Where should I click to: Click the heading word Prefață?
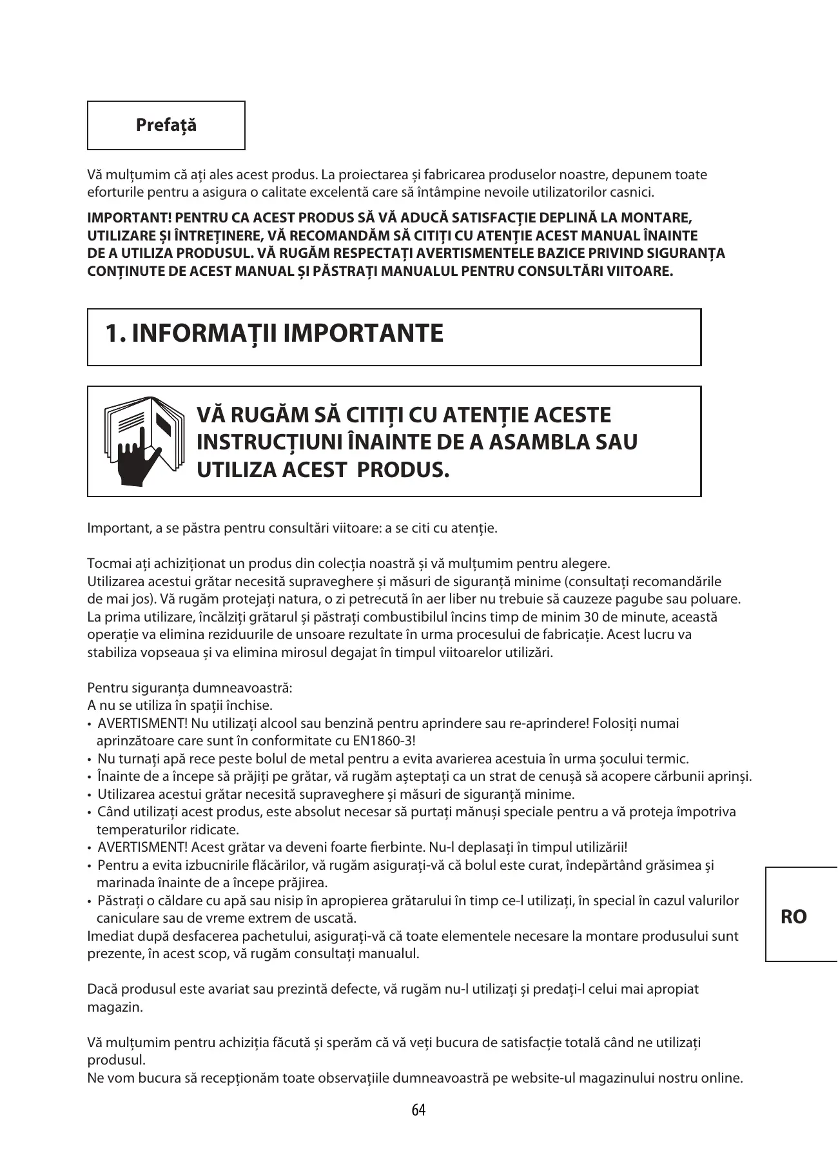pos(166,125)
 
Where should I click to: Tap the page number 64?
pos(418,1110)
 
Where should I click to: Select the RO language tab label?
pos(794,917)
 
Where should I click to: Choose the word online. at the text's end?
pos(721,1077)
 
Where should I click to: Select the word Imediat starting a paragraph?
pos(108,936)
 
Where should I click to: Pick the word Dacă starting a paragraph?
pos(101,988)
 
